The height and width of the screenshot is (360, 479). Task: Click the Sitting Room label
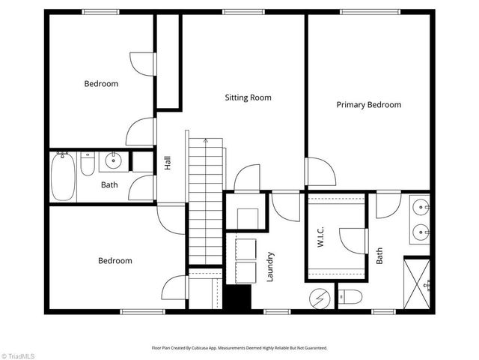pyautogui.click(x=248, y=97)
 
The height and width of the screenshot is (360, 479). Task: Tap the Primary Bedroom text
pyautogui.click(x=368, y=105)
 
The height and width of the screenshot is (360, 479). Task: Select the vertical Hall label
pyautogui.click(x=168, y=163)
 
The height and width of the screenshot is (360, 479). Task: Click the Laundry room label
pyautogui.click(x=270, y=267)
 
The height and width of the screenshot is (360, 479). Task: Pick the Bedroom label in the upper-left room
pyautogui.click(x=100, y=84)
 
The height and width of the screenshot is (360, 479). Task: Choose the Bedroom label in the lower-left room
pyautogui.click(x=115, y=261)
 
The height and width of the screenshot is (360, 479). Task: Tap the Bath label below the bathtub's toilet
pyautogui.click(x=109, y=184)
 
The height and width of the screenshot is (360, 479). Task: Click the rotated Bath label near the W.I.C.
pyautogui.click(x=379, y=256)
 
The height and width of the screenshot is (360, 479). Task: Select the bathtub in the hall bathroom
pyautogui.click(x=63, y=176)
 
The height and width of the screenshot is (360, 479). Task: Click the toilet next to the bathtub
pyautogui.click(x=88, y=163)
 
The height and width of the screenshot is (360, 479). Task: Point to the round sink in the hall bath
pyautogui.click(x=114, y=160)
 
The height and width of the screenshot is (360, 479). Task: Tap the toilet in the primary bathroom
pyautogui.click(x=350, y=298)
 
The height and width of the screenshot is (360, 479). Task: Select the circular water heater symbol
pyautogui.click(x=320, y=298)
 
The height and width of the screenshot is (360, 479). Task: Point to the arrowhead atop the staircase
pyautogui.click(x=206, y=140)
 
